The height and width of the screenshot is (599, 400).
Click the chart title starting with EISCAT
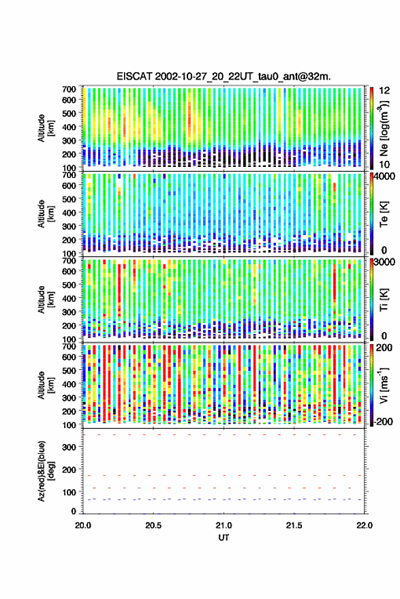(x=224, y=76)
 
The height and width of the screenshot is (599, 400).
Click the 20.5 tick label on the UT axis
(x=153, y=525)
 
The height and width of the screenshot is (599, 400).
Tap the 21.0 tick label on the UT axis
(x=224, y=525)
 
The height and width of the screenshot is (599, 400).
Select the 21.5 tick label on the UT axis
(x=294, y=525)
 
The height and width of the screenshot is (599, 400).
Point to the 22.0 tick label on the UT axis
(x=364, y=525)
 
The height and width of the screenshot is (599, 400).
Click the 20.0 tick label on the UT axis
(x=83, y=525)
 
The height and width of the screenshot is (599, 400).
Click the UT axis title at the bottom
(x=224, y=538)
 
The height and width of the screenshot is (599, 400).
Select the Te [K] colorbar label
(x=384, y=214)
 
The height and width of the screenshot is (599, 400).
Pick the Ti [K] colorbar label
(x=384, y=300)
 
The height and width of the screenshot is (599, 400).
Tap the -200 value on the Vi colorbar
(x=382, y=422)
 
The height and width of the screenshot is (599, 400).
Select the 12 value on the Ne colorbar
(x=385, y=91)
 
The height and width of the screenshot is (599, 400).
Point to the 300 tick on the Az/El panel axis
(x=69, y=447)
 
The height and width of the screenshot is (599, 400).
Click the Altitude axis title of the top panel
(x=46, y=128)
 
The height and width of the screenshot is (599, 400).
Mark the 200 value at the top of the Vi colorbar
(x=384, y=348)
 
